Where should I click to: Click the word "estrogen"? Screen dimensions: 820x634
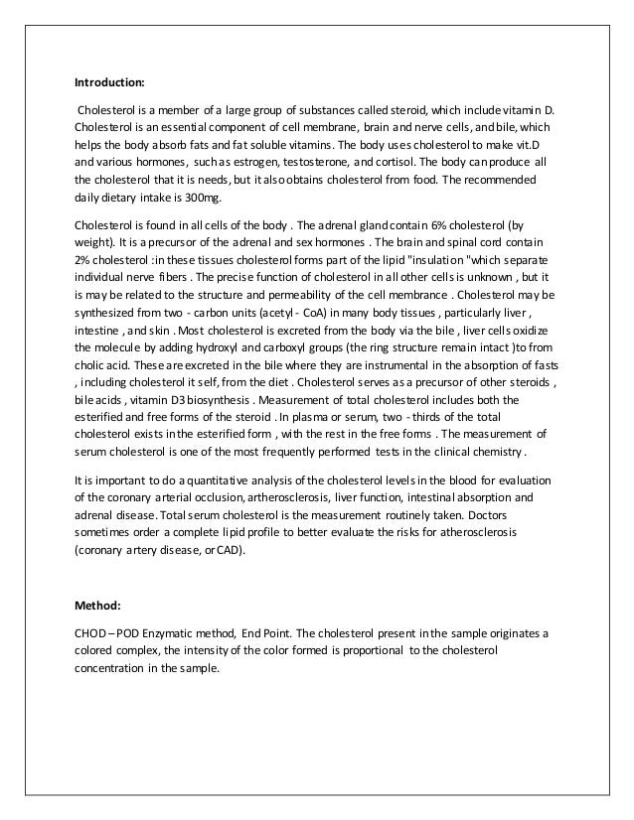pyautogui.click(x=255, y=163)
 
